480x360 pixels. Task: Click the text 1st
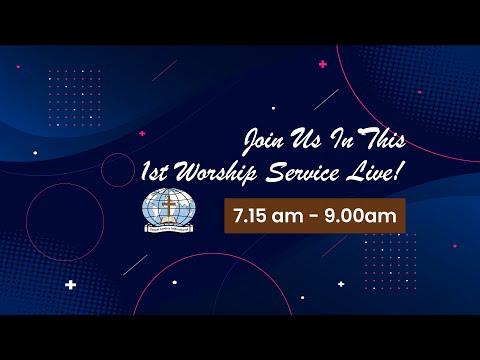point(158,172)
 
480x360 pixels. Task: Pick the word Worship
point(215,173)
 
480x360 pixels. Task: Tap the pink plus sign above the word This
point(322,64)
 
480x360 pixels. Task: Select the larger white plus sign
point(70,285)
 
